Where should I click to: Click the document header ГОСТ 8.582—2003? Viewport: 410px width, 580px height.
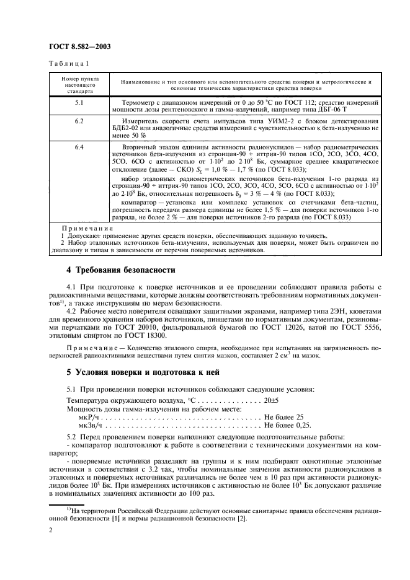pos(76,47)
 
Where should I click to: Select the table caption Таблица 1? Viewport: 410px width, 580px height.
pos(69,64)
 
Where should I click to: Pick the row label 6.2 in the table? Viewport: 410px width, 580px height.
pos(79,121)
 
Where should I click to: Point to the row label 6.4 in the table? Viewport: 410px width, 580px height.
pos(79,147)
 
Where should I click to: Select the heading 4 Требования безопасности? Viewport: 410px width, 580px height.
pos(121,270)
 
